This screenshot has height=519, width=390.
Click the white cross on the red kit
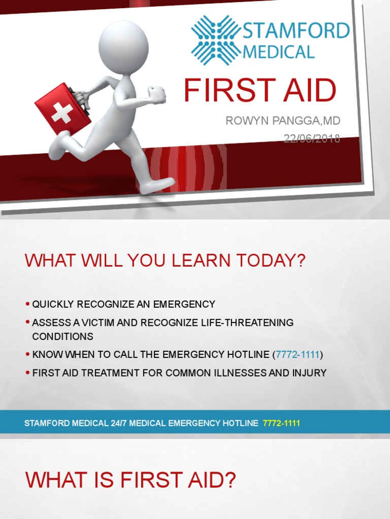[62, 113]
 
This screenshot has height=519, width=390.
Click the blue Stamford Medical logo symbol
[215, 41]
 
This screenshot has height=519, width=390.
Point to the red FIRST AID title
[260, 90]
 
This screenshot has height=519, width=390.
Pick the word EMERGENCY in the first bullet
[184, 305]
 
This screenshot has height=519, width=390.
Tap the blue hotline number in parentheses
[297, 354]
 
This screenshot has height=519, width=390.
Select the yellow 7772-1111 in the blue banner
[281, 423]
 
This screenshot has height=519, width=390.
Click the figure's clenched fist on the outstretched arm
[157, 94]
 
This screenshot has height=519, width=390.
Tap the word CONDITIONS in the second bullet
[62, 336]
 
